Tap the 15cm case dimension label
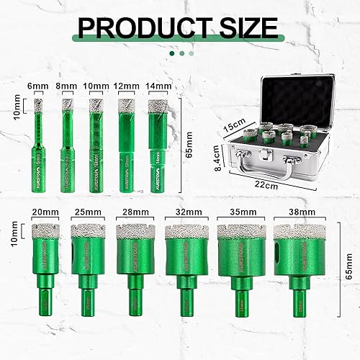[230, 126]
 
